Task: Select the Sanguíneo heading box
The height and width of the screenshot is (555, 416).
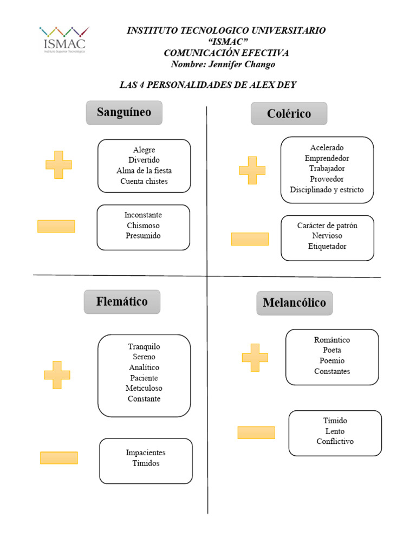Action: pos(124,113)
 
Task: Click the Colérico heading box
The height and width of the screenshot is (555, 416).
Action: pos(289,114)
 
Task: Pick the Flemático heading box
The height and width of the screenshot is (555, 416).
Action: pos(122,302)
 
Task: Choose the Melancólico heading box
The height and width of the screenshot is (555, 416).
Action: pos(294,303)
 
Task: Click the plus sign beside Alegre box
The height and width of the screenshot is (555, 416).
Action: pos(58,165)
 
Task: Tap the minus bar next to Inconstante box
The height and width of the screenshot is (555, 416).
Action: pos(56,227)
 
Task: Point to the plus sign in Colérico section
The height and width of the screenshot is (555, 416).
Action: pos(252,170)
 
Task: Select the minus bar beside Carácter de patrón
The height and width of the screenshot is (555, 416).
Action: pos(250,239)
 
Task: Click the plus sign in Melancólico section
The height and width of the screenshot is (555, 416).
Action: pos(255,358)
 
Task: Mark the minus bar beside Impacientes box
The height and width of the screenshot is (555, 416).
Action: pos(59,458)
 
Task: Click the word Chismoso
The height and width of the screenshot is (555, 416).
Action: pos(143,225)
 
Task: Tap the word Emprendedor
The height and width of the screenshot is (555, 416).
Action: pos(327,158)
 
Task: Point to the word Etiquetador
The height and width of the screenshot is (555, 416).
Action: pos(327,246)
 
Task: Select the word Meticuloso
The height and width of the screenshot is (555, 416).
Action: pos(144,388)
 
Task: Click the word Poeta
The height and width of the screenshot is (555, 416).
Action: pos(332,350)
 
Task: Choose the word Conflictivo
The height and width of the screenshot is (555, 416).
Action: pos(335,441)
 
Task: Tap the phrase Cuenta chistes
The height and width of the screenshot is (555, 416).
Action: pos(144,181)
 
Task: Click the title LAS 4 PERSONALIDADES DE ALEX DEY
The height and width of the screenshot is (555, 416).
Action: pos(207,85)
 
